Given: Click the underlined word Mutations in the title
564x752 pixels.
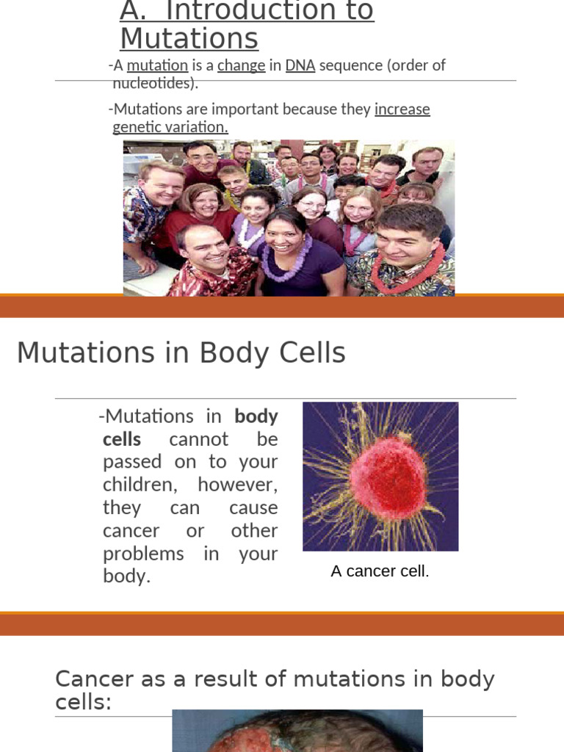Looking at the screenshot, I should (x=189, y=38).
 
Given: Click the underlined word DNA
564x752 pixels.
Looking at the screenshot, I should (x=300, y=65).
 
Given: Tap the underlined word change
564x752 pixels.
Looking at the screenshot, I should (x=241, y=65).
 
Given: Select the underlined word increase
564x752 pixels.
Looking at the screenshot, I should (x=402, y=109).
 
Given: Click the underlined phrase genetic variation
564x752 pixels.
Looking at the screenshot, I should (x=170, y=127).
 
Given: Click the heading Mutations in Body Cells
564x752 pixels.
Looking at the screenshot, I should (x=181, y=353).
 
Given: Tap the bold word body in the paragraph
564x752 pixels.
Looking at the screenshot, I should (x=256, y=416).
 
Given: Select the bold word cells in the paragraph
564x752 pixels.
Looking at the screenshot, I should (x=122, y=439).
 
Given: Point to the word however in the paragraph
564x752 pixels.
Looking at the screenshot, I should (x=238, y=485).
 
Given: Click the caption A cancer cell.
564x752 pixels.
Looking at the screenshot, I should (x=380, y=571).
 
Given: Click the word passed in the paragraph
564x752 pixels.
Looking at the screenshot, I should (x=134, y=462).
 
